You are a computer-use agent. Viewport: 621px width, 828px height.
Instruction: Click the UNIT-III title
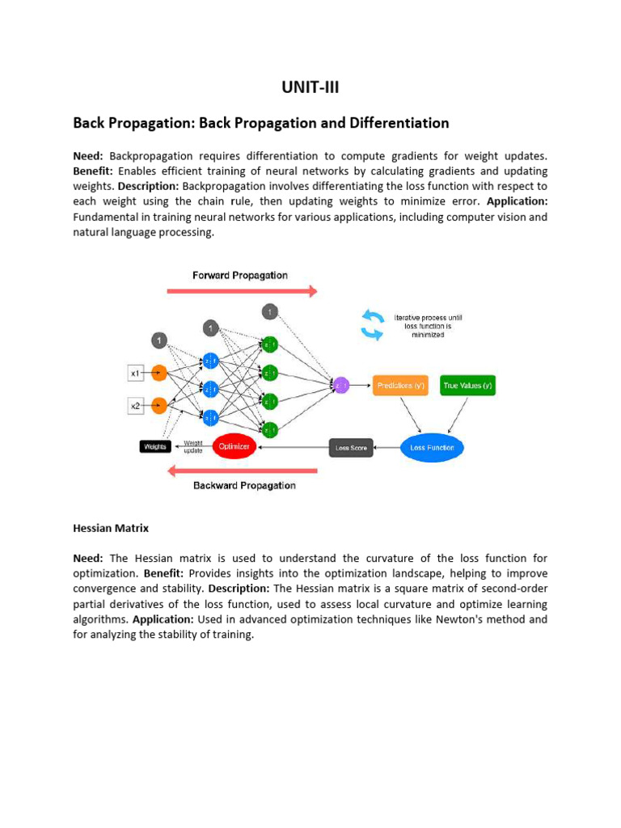[x=310, y=87]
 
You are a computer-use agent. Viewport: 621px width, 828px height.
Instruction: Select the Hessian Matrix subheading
[x=111, y=528]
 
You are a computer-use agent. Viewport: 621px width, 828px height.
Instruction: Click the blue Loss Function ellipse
[x=433, y=447]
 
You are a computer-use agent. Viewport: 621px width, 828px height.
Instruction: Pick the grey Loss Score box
[x=351, y=447]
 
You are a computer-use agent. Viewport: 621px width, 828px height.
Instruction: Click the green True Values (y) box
[x=467, y=386]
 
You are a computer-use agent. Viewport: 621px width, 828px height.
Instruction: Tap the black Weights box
[x=154, y=446]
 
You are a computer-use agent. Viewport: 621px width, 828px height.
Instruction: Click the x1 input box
[x=136, y=373]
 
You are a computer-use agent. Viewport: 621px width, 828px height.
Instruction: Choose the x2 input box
[x=136, y=406]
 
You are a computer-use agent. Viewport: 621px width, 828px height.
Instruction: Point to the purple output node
[x=340, y=386]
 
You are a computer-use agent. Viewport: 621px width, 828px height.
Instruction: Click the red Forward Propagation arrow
[x=242, y=291]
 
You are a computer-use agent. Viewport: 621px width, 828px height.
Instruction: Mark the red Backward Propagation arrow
[x=242, y=471]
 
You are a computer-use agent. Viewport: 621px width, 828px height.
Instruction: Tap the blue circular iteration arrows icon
[x=372, y=324]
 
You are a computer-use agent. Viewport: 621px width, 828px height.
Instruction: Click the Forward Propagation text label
[x=240, y=275]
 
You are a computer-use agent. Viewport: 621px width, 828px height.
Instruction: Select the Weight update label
[x=192, y=446]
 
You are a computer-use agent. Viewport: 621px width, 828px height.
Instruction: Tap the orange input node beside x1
[x=160, y=373]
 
